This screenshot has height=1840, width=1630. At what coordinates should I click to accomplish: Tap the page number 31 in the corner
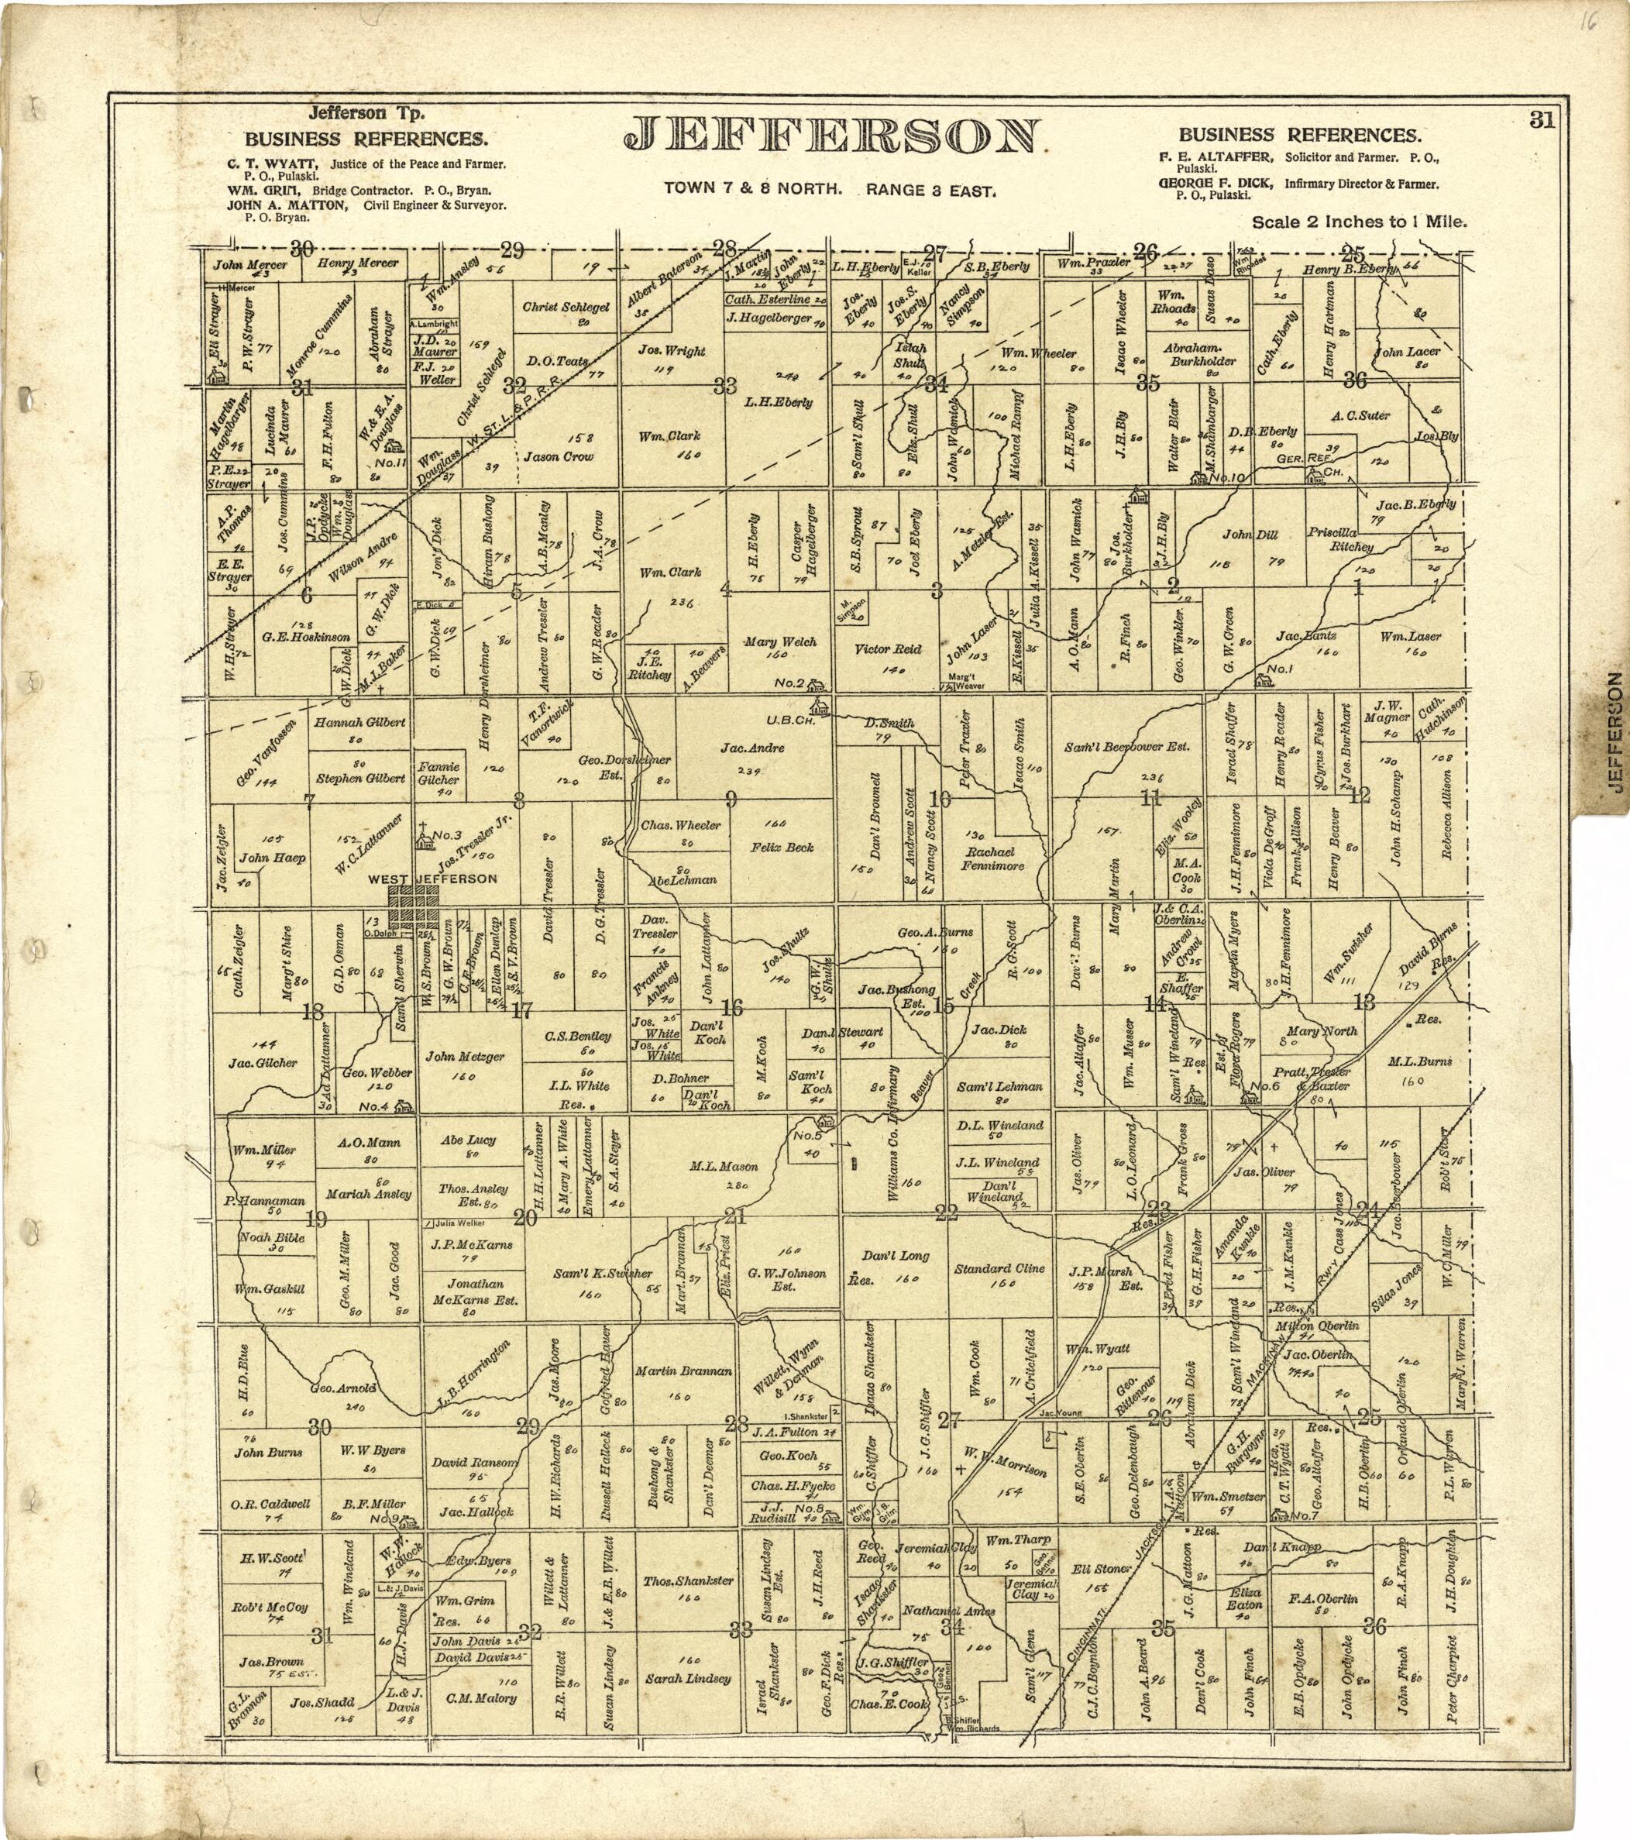[x=1541, y=121]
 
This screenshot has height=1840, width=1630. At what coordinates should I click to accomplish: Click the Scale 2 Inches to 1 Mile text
[x=1359, y=222]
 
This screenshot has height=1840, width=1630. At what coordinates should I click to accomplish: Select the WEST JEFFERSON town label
[x=432, y=879]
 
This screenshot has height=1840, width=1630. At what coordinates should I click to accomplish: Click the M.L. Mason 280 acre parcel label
[x=724, y=1166]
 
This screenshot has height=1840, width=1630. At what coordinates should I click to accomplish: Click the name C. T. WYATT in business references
[x=276, y=165]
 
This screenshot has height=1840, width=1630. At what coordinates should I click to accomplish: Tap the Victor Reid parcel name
[x=888, y=648]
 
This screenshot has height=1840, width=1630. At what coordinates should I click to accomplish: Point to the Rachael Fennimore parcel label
[x=994, y=858]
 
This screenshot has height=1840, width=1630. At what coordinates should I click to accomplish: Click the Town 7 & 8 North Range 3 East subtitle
[x=829, y=190]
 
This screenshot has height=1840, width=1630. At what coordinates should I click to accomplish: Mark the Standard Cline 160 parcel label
[x=1000, y=1268]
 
